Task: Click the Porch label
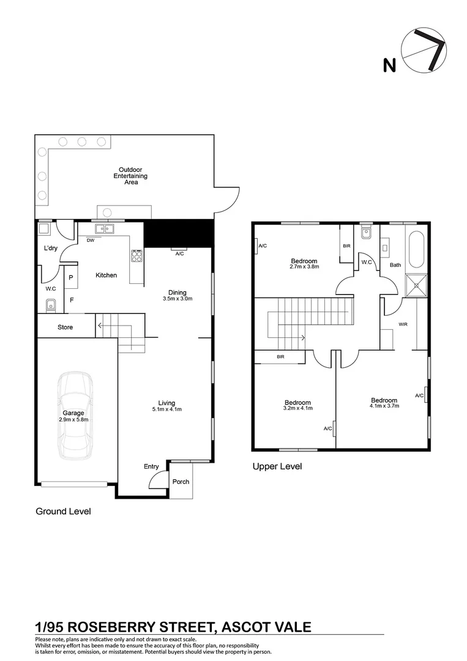pyautogui.click(x=181, y=482)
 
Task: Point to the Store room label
pyautogui.click(x=65, y=327)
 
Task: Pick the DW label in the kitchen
pyautogui.click(x=90, y=241)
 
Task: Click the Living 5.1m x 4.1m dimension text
pyautogui.click(x=166, y=406)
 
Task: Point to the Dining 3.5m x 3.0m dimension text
pyautogui.click(x=177, y=296)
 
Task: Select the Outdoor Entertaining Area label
pyautogui.click(x=130, y=176)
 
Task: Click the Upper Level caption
pyautogui.click(x=277, y=466)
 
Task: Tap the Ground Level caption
pyautogui.click(x=63, y=511)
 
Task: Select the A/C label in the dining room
pyautogui.click(x=179, y=253)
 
